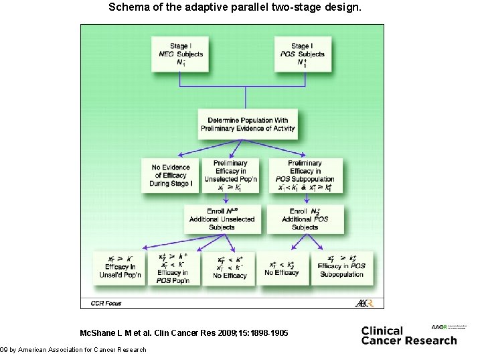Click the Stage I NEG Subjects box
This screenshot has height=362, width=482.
180,53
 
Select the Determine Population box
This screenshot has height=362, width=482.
247,124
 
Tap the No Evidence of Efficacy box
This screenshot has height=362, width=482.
170,176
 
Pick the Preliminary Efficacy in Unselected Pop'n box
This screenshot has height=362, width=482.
230,176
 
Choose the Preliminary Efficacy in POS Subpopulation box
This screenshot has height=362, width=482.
305,176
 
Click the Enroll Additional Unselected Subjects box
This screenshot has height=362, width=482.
221,219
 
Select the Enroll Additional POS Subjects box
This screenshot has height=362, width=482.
305,219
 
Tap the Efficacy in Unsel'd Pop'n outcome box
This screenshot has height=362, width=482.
122,267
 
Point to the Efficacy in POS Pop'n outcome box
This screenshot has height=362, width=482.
173,267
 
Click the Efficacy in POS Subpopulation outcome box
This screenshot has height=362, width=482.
341,267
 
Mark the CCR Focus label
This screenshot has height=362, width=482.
106,304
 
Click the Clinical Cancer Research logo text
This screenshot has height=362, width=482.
408,335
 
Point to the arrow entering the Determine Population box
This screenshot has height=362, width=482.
246,101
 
